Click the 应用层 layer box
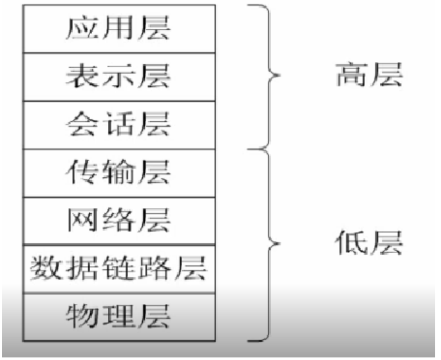click(x=118, y=30)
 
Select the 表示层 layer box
click(x=118, y=77)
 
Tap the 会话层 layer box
click(x=118, y=124)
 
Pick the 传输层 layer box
click(x=118, y=172)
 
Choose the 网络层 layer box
click(x=118, y=220)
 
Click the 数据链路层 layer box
click(x=118, y=268)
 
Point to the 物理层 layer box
click(x=118, y=316)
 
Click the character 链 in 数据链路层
click(x=118, y=268)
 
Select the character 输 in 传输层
click(x=118, y=172)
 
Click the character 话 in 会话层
click(x=118, y=124)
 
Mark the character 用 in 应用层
click(x=118, y=30)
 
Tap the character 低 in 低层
click(x=352, y=243)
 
